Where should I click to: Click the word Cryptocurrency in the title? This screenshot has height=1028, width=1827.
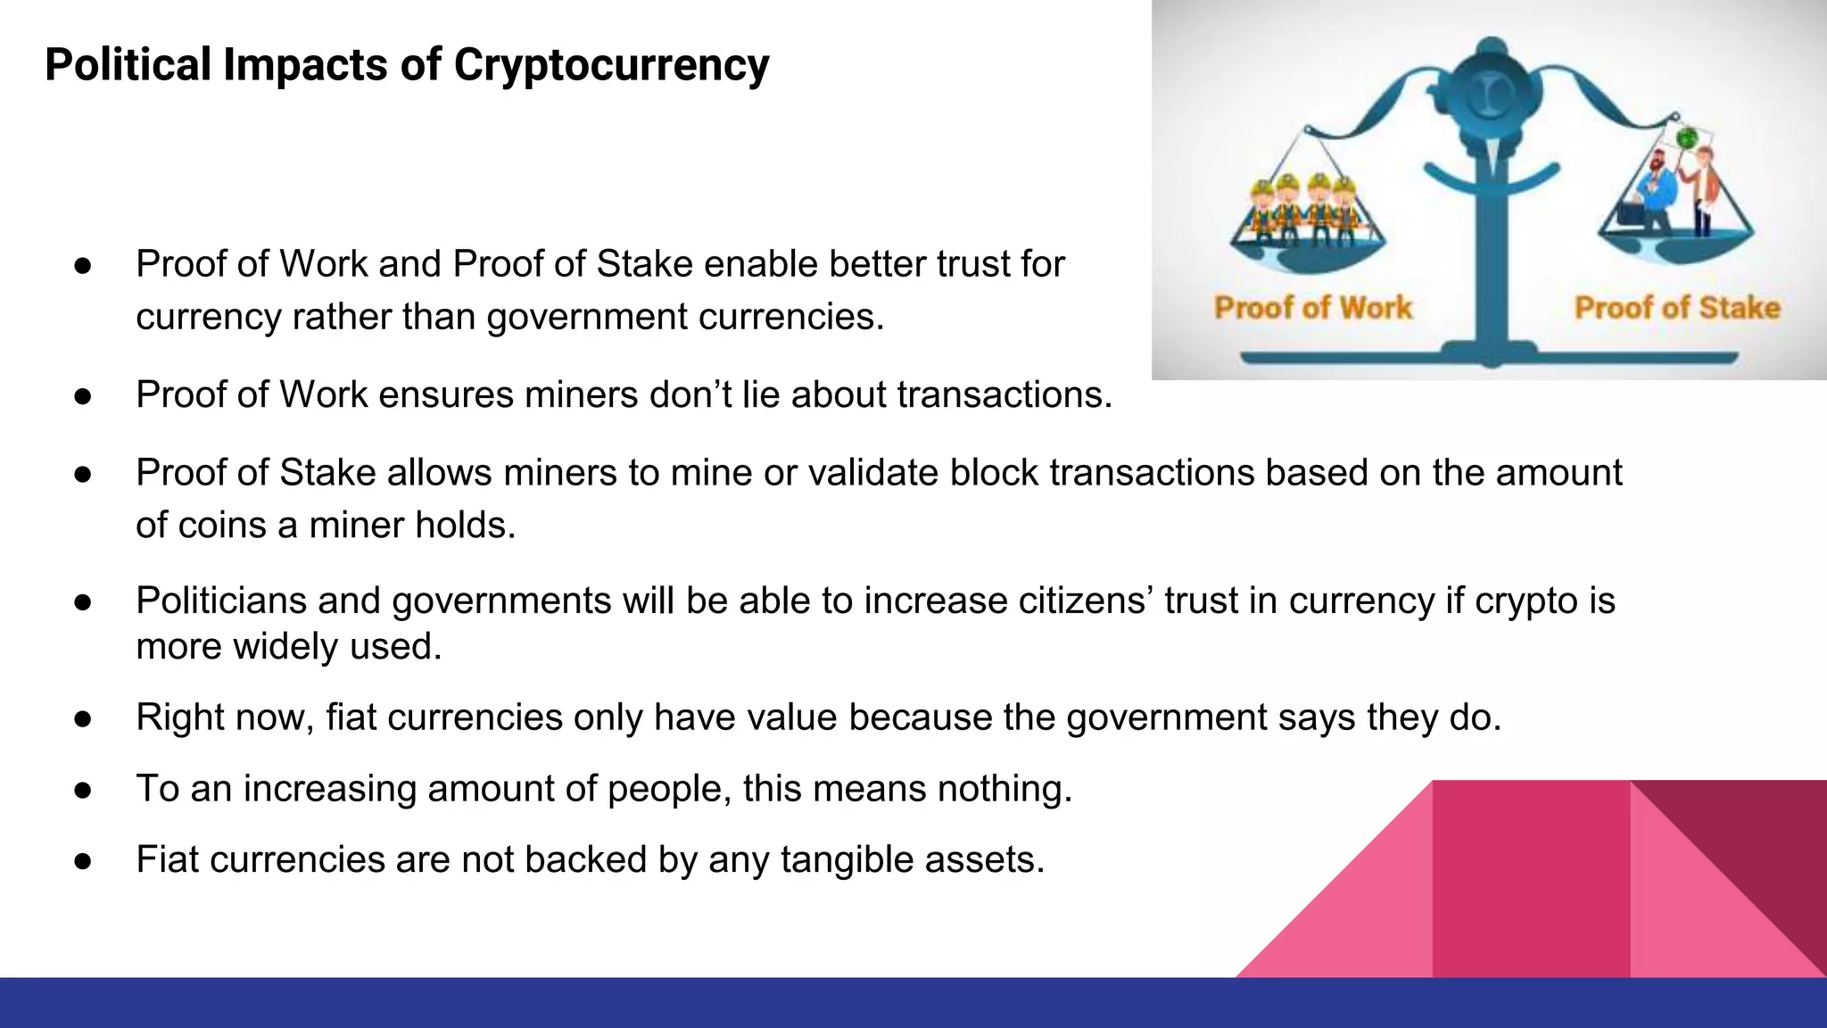[x=611, y=65]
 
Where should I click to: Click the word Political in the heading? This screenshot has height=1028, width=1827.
[x=128, y=65]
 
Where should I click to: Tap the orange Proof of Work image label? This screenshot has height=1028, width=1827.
[x=1313, y=308]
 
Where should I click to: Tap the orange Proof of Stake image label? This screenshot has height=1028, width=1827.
[x=1677, y=308]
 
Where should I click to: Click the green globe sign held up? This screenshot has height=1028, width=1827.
[x=1686, y=138]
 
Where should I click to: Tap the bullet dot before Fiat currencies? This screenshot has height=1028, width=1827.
[x=83, y=861]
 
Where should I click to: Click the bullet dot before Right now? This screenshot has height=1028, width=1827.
[x=83, y=718]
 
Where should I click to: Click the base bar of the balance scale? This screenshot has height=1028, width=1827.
[x=1490, y=359]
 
